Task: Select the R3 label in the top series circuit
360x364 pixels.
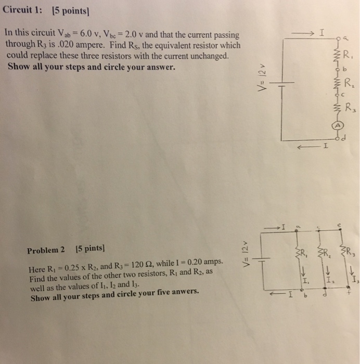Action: coord(349,109)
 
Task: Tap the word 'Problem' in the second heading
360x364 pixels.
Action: coord(43,251)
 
